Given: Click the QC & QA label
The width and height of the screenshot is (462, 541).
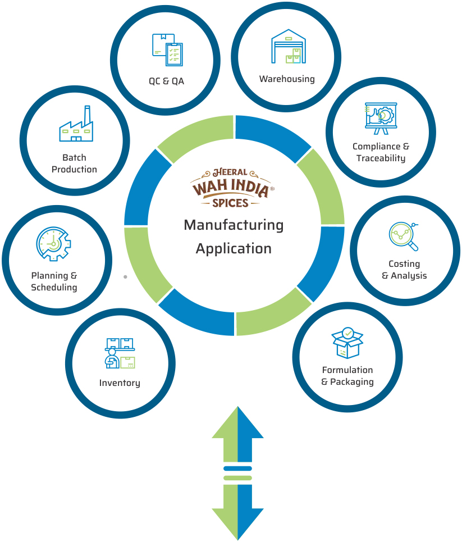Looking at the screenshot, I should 166,81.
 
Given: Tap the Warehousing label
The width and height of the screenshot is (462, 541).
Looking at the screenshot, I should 287,79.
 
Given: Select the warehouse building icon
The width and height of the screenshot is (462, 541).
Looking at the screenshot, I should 288,47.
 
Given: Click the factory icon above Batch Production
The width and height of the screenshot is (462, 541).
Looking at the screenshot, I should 76,124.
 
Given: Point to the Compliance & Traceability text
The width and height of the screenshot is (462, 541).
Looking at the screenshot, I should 381,152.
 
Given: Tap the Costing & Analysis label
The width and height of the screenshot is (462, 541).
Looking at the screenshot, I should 404,270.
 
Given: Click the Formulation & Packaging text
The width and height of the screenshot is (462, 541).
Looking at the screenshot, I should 347,376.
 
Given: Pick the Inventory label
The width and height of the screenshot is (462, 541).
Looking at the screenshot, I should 120,383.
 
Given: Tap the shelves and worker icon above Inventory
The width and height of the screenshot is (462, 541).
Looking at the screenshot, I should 120,353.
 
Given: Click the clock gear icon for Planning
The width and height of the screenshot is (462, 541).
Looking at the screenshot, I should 53,244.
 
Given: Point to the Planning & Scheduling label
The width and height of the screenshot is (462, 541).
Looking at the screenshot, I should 54,281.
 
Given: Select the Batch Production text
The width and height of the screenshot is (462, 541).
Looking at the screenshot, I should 74,163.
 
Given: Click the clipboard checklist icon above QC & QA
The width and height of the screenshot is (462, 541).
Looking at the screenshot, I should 167,50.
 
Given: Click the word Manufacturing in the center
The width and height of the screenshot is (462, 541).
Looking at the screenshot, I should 234,225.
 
